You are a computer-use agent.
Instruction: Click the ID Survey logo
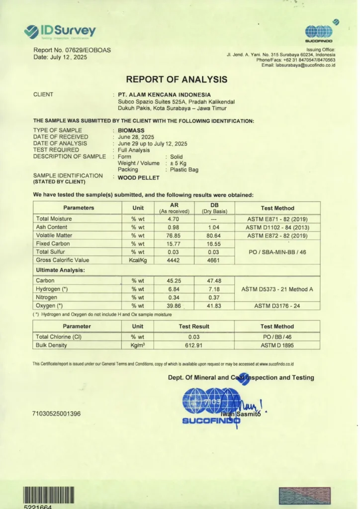(x=60, y=31)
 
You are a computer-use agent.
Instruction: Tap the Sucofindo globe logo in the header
(x=319, y=32)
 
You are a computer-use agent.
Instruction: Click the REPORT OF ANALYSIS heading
(x=177, y=79)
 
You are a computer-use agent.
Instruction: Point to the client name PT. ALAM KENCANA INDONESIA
(x=164, y=94)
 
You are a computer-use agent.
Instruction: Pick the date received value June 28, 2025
(x=136, y=137)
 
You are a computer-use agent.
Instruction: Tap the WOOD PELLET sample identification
(x=138, y=177)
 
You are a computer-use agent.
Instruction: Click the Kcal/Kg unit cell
(x=138, y=260)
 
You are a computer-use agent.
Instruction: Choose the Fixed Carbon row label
(x=53, y=244)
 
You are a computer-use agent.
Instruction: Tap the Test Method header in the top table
(x=277, y=208)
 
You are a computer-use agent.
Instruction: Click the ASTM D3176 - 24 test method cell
(x=277, y=306)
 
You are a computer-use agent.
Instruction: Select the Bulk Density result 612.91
(x=194, y=345)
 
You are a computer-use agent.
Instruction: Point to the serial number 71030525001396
(x=56, y=414)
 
